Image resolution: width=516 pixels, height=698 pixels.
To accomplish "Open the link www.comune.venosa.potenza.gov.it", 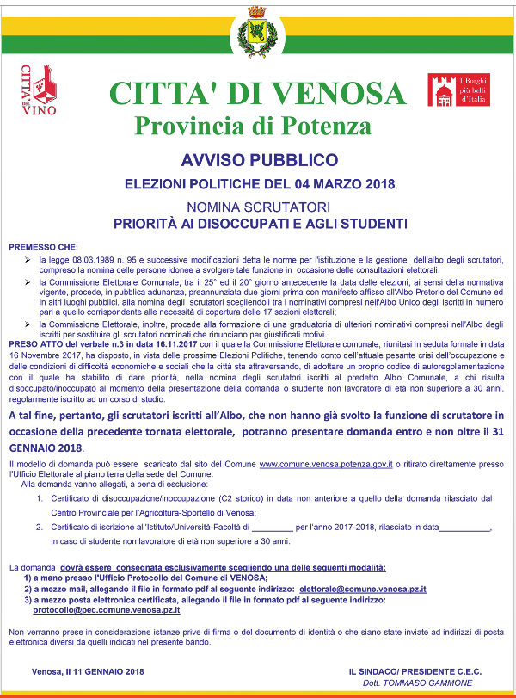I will [326, 464].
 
